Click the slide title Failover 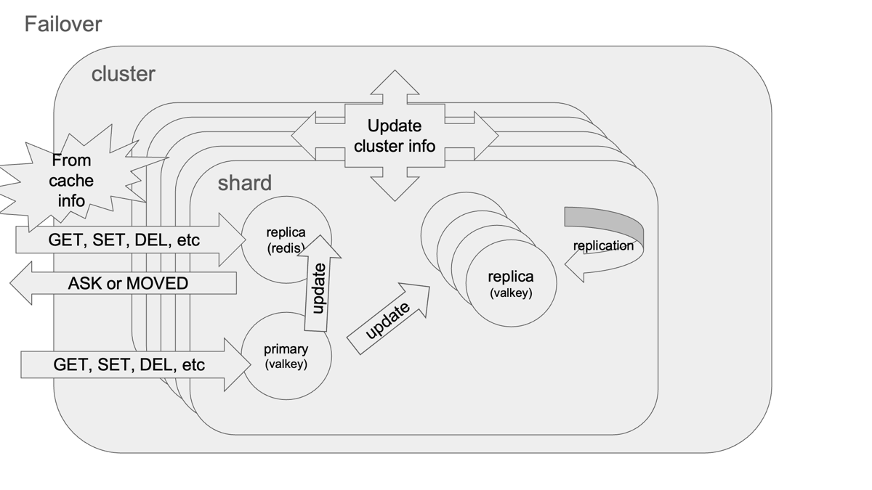click(63, 24)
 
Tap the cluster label click(123, 74)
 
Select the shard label click(244, 183)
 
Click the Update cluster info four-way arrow click(395, 136)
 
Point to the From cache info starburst click(71, 180)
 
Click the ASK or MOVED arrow click(128, 283)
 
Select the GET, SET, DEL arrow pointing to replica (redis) click(124, 240)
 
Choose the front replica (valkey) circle click(511, 283)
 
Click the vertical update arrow click(318, 287)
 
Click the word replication click(603, 245)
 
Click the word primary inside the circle click(286, 349)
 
